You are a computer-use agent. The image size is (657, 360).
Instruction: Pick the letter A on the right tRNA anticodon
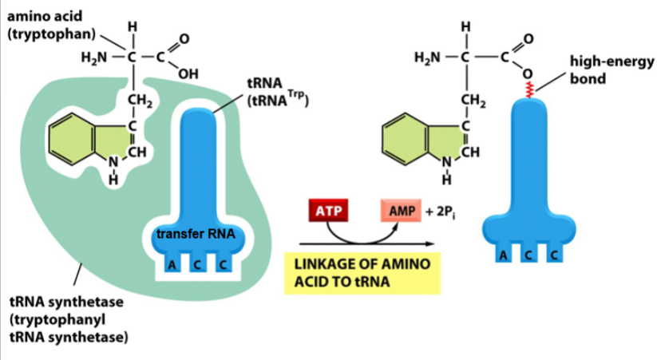(503, 255)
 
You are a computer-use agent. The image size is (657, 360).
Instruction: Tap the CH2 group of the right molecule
(472, 100)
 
